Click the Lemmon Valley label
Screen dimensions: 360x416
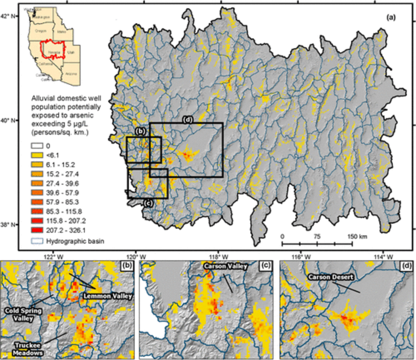pos(108,295)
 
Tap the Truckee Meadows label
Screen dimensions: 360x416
pos(27,346)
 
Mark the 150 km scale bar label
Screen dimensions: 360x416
pos(357,236)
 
